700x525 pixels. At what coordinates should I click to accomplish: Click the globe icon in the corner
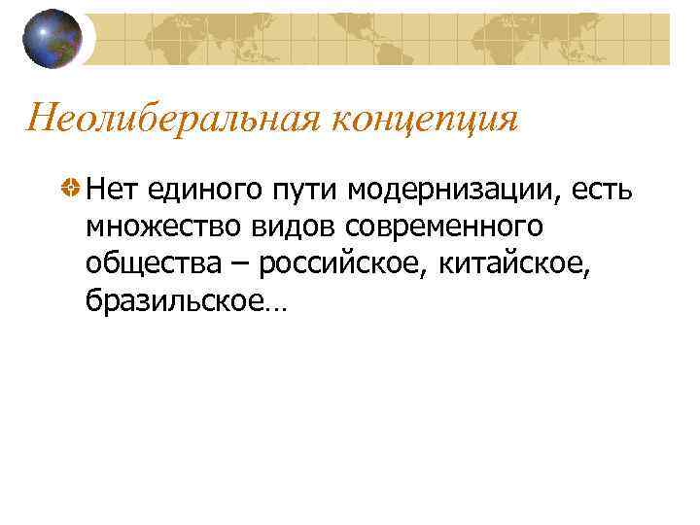[x=53, y=38]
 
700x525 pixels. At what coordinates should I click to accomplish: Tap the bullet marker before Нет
[x=70, y=188]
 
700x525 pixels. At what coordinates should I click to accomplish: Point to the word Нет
[x=110, y=188]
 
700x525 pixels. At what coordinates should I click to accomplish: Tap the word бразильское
[x=173, y=302]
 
